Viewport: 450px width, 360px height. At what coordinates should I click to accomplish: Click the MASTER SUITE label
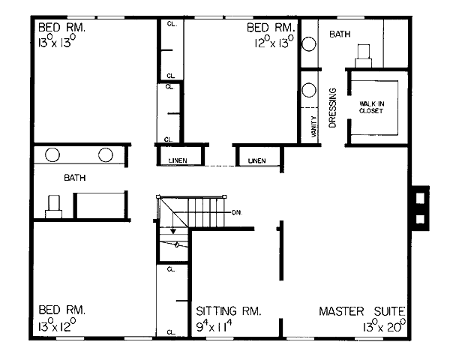(x=362, y=311)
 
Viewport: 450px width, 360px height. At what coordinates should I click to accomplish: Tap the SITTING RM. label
(x=229, y=311)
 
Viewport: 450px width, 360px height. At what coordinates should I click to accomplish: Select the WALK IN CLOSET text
(x=372, y=107)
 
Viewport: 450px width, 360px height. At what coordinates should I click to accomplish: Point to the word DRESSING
(x=332, y=108)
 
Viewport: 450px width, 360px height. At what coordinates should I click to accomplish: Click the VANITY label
(x=314, y=126)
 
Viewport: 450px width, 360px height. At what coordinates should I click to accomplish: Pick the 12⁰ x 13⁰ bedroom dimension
(x=274, y=42)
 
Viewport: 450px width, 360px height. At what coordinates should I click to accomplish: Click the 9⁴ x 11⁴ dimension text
(x=214, y=325)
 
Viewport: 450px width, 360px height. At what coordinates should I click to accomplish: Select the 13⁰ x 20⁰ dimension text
(x=384, y=325)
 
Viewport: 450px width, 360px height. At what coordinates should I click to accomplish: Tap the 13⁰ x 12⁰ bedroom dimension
(x=57, y=325)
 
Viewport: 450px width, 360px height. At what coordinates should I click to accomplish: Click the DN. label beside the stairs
(x=237, y=213)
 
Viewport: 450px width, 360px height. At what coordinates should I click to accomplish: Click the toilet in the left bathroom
(x=54, y=206)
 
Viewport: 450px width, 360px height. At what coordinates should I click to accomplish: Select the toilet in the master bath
(x=364, y=56)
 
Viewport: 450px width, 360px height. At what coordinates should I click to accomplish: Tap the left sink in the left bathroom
(x=52, y=154)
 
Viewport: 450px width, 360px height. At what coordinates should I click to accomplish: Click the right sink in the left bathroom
(x=106, y=154)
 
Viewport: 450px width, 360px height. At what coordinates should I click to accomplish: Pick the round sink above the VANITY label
(x=309, y=90)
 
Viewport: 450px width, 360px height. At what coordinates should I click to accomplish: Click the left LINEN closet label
(x=178, y=160)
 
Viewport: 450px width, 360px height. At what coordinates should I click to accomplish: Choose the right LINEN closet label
(x=256, y=160)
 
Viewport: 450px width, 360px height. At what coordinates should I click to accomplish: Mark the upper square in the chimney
(x=420, y=198)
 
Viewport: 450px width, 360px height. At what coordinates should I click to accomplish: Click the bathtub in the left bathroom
(x=101, y=205)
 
